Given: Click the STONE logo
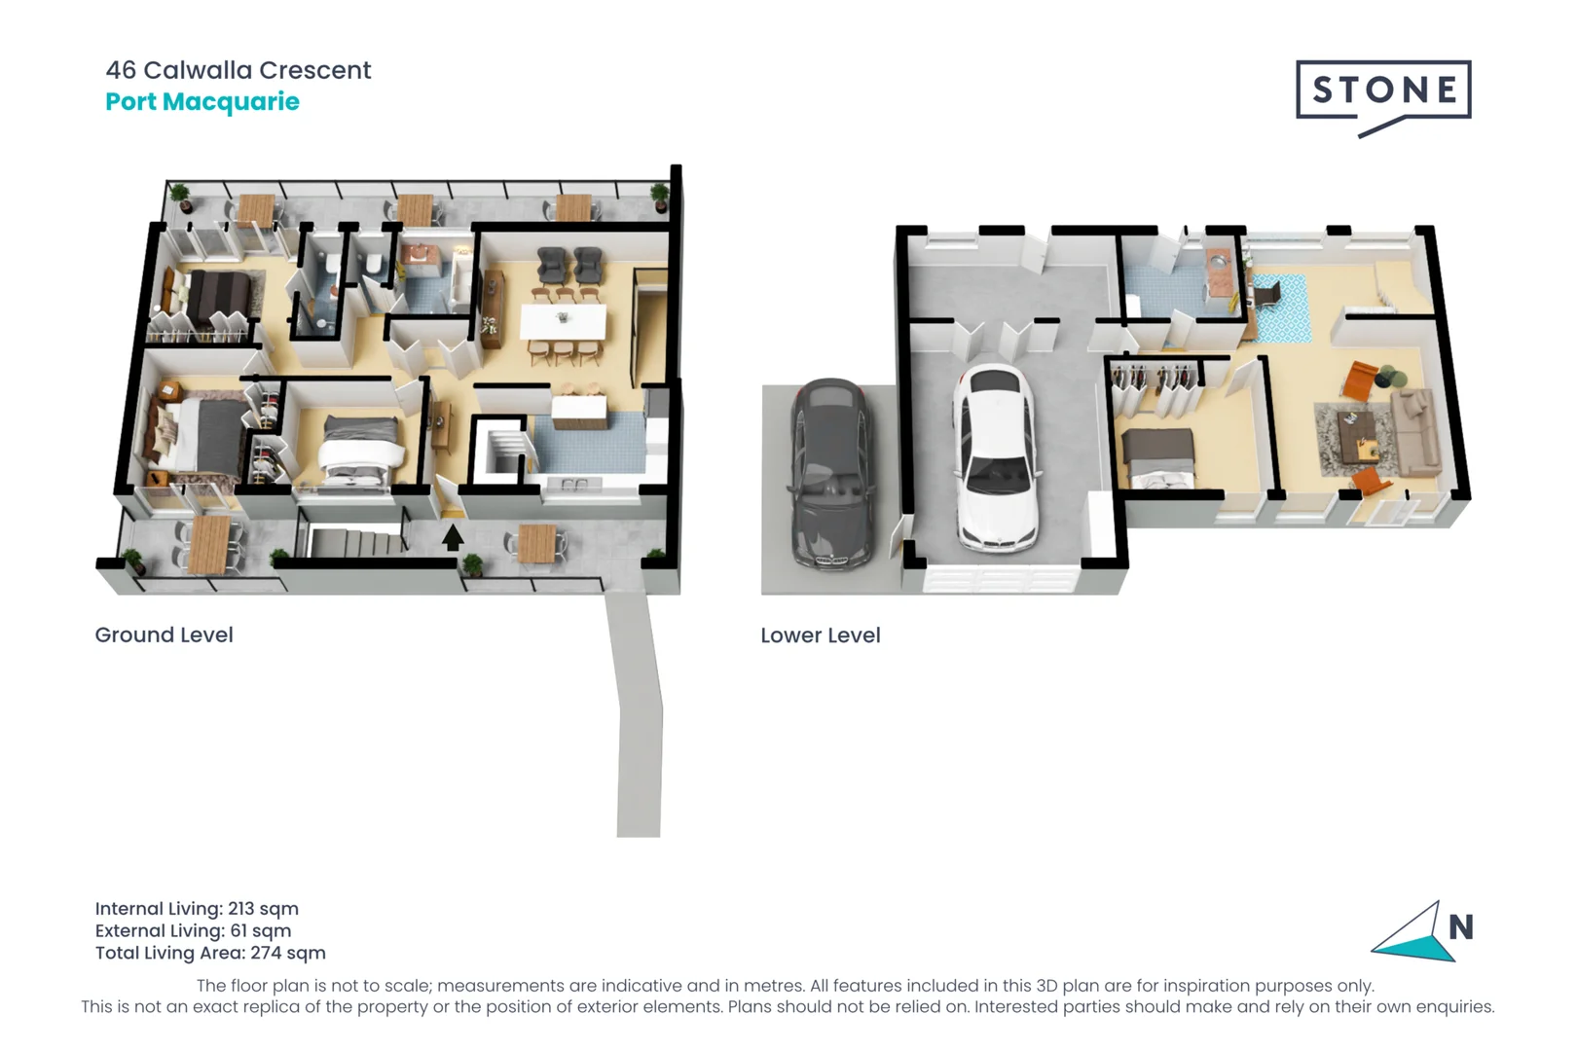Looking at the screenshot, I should tap(1382, 91).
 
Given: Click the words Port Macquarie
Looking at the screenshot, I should tap(202, 102).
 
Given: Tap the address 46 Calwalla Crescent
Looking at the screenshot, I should tap(238, 70).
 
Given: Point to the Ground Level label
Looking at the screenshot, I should tap(164, 634).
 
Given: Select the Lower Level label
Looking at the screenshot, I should tap(820, 635).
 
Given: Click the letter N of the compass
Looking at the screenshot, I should tap(1460, 927).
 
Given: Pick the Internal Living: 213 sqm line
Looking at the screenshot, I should tap(197, 908).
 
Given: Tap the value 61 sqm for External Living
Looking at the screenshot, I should tap(260, 930).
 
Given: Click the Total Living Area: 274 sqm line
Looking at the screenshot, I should tap(210, 953).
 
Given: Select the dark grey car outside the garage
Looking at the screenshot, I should tap(830, 474).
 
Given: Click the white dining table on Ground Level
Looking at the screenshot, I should tap(563, 322).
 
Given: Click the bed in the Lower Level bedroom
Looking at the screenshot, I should tap(1158, 457).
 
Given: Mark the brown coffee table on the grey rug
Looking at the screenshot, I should tap(1357, 434).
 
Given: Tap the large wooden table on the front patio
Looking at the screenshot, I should tap(209, 545).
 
